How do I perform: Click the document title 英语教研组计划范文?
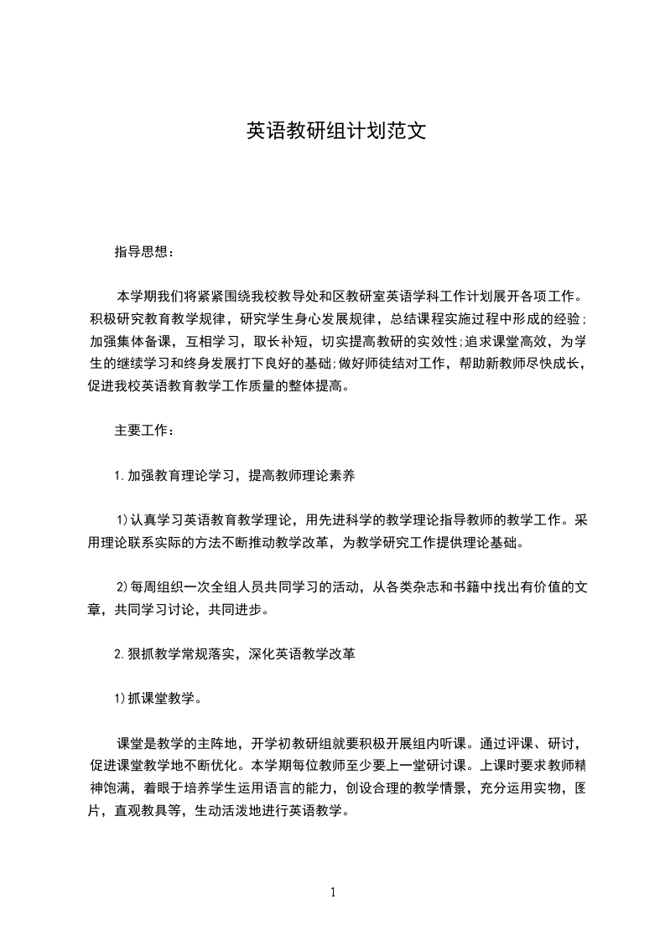point(332,131)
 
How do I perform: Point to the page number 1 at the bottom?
point(333,891)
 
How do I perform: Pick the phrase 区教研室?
point(387,296)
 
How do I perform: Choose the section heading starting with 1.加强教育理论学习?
point(234,476)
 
